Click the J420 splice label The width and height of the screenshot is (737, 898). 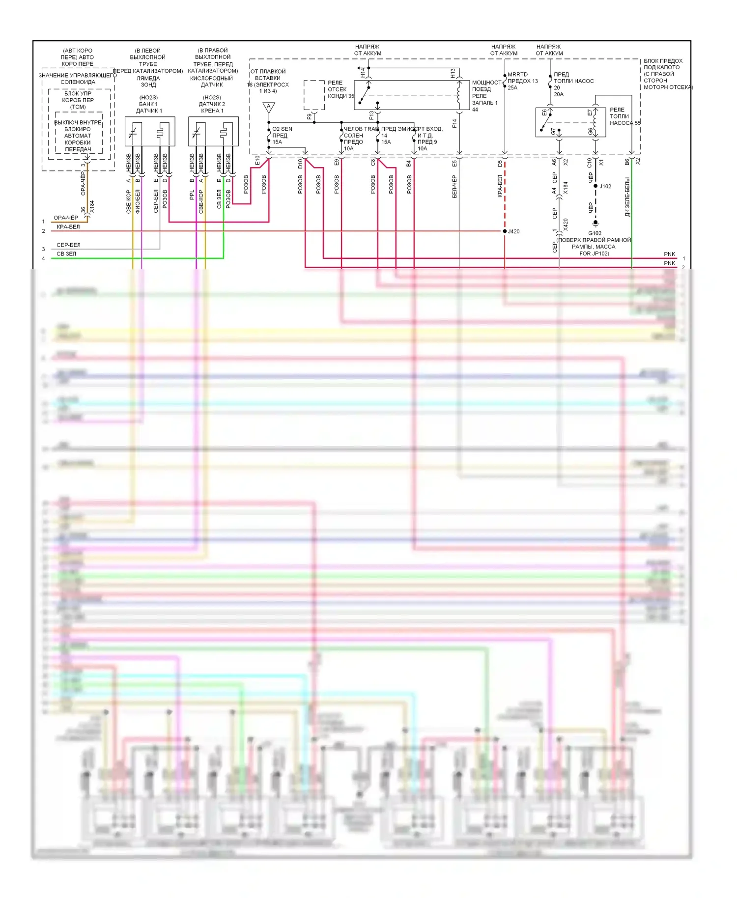(x=513, y=231)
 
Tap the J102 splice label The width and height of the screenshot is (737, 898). (x=605, y=186)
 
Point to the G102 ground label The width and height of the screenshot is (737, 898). (x=595, y=233)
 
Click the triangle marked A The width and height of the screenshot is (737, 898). (x=269, y=107)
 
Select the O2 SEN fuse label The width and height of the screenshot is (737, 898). (x=282, y=129)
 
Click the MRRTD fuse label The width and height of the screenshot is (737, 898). (x=517, y=75)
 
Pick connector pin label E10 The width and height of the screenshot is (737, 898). (x=257, y=161)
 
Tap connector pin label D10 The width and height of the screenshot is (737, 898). (x=300, y=164)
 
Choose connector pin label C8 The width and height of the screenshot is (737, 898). (x=373, y=162)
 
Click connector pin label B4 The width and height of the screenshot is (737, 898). (x=409, y=163)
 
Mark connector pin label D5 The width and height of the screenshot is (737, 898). (x=500, y=163)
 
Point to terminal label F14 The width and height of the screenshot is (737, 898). (x=454, y=123)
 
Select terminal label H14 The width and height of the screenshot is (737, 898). (x=363, y=73)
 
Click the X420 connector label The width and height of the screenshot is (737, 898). (x=566, y=224)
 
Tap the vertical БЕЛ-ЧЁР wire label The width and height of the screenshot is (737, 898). (x=454, y=187)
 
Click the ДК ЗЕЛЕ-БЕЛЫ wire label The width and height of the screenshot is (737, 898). (x=627, y=197)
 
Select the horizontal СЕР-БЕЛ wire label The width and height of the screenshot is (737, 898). (x=68, y=245)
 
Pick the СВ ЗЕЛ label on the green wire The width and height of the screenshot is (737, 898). (x=66, y=254)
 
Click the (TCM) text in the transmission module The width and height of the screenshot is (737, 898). (x=78, y=107)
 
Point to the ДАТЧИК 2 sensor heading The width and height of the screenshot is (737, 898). (x=212, y=104)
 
